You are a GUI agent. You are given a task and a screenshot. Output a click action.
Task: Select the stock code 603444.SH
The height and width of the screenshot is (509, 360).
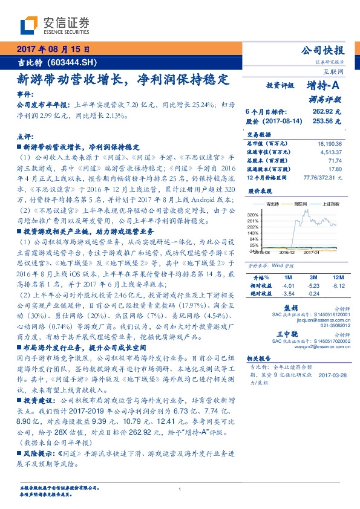tap(72, 62)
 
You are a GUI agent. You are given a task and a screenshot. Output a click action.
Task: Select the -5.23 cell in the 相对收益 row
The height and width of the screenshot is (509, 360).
tap(313, 284)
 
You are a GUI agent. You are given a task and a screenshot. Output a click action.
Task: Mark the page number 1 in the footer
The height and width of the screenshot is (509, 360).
tap(180, 489)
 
